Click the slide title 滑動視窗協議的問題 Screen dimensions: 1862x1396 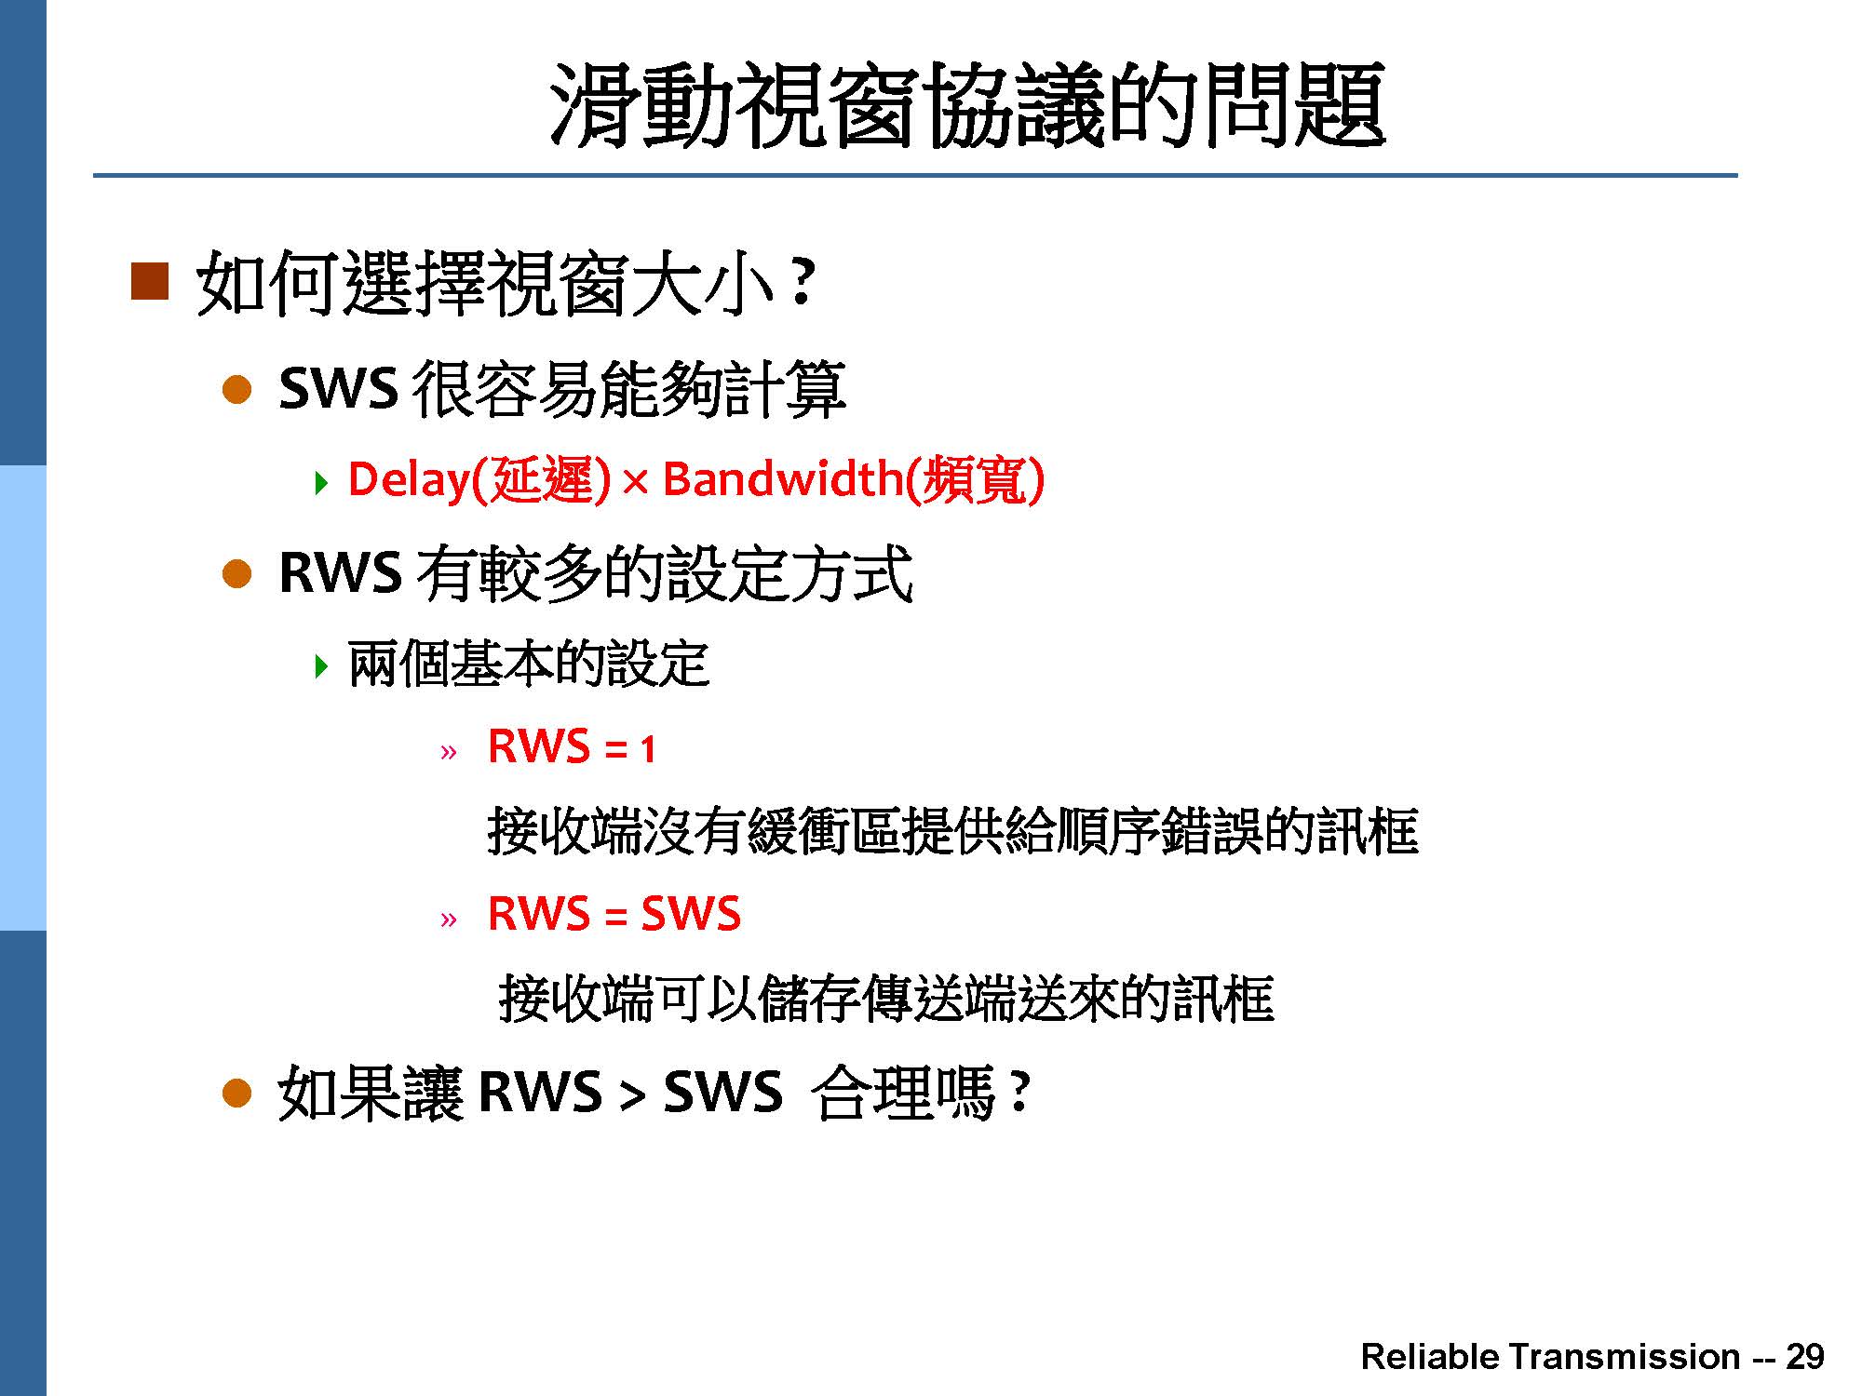tap(967, 105)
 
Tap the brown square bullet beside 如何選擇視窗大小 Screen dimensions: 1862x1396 tap(150, 281)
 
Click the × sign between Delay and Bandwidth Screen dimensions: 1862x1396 tap(635, 482)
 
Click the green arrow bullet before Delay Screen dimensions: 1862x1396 tap(322, 482)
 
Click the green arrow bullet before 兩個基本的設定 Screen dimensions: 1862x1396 tap(322, 666)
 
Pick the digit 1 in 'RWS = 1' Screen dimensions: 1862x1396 tap(648, 749)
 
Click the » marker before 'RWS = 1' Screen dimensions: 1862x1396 tap(449, 752)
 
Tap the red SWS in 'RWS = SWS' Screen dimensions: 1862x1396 tap(691, 913)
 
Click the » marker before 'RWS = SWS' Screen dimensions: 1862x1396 tap(449, 920)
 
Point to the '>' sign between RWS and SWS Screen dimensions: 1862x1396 tap(633, 1094)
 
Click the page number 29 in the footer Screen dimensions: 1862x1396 tap(1804, 1356)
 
